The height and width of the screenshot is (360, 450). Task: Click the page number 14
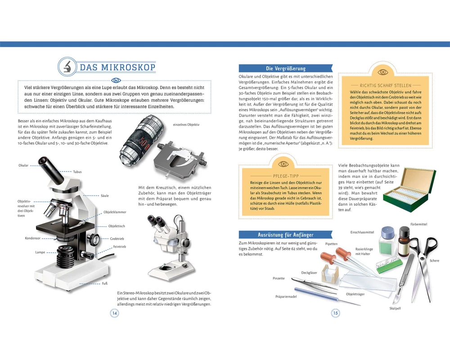(x=114, y=313)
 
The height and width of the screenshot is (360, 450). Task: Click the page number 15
(x=336, y=313)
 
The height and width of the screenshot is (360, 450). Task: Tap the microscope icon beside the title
(x=68, y=67)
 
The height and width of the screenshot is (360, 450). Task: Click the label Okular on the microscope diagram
(x=23, y=165)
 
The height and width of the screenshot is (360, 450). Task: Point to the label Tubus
(x=77, y=171)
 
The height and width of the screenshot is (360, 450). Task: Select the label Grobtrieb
(x=117, y=238)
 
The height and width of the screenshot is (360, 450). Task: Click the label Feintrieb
(x=119, y=247)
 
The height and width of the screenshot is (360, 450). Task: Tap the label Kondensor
(x=33, y=238)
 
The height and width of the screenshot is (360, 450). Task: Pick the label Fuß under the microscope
(x=105, y=283)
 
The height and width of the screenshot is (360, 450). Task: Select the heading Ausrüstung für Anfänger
(x=286, y=235)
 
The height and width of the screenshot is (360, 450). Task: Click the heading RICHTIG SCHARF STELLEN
(x=386, y=85)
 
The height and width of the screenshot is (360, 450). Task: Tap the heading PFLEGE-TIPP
(x=286, y=176)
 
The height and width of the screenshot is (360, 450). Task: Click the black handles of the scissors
(x=426, y=248)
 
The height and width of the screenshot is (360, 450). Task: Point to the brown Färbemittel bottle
(x=404, y=242)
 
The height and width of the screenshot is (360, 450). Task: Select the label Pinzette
(x=279, y=278)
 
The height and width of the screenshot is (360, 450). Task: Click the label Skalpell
(x=395, y=308)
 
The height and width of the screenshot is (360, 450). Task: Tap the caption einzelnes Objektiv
(x=186, y=125)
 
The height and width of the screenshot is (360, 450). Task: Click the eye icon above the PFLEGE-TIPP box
(x=283, y=164)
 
